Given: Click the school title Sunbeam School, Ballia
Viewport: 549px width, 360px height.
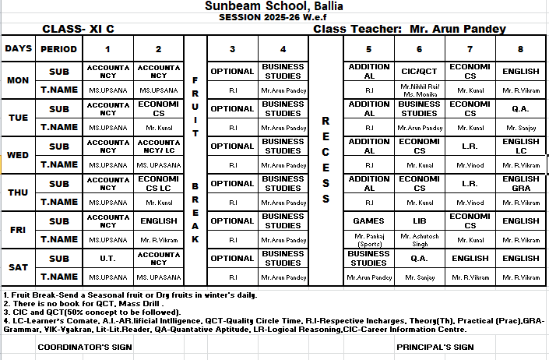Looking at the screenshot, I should (x=273, y=6).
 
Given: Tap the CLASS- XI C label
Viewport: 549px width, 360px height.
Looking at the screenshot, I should (x=78, y=29).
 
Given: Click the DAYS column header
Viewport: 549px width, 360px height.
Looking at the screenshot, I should (x=18, y=48).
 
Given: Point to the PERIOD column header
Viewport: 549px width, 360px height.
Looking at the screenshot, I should (x=58, y=48).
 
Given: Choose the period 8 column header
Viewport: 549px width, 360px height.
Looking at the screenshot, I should (x=520, y=48).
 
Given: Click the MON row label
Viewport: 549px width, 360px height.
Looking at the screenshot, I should (x=18, y=80).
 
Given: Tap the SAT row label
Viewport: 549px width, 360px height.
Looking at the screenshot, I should (x=18, y=267).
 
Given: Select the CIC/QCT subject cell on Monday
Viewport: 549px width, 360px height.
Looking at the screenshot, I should (x=419, y=71).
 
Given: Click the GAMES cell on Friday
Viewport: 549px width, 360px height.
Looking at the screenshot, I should (x=368, y=221).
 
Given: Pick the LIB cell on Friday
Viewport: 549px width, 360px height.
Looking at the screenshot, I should (x=419, y=221).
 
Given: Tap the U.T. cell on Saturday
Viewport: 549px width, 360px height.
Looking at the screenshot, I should (x=107, y=258).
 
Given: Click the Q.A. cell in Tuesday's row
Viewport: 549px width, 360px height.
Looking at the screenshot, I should (x=520, y=108).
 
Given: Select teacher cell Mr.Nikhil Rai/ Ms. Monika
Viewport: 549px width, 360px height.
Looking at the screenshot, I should (x=419, y=90).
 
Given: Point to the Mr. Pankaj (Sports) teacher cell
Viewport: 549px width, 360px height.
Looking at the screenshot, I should (x=368, y=239).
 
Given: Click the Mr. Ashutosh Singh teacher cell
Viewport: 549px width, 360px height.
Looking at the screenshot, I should (x=419, y=239).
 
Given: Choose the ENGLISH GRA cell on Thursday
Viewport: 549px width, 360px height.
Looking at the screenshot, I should (x=520, y=183).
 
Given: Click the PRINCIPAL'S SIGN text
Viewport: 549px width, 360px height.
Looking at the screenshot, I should (x=435, y=348).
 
